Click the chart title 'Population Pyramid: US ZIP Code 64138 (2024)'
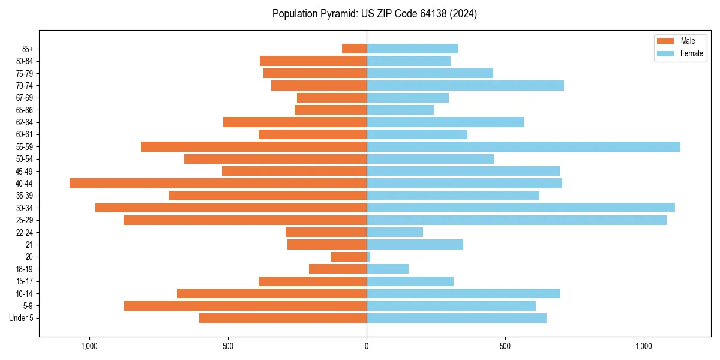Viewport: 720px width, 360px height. pyautogui.click(x=374, y=14)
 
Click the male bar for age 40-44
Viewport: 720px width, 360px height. pyautogui.click(x=218, y=184)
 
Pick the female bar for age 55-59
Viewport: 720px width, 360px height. pyautogui.click(x=523, y=147)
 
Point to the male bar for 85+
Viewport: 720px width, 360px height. pyautogui.click(x=354, y=49)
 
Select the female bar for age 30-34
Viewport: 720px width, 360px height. pyautogui.click(x=520, y=208)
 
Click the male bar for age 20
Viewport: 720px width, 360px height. pyautogui.click(x=349, y=257)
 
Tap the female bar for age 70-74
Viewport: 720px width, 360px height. pyautogui.click(x=465, y=86)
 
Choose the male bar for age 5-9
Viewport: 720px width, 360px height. pyautogui.click(x=245, y=306)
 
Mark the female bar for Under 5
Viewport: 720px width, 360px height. pyautogui.click(x=457, y=318)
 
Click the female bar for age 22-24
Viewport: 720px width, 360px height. pyautogui.click(x=395, y=232)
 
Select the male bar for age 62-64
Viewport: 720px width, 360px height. pyautogui.click(x=295, y=122)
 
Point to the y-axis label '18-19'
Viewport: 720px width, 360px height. pyautogui.click(x=25, y=269)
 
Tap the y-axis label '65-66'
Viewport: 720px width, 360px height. pyautogui.click(x=25, y=110)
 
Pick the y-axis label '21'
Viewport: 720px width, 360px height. pyautogui.click(x=29, y=245)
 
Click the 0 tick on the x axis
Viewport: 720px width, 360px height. pyautogui.click(x=367, y=346)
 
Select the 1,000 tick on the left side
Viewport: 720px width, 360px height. pyautogui.click(x=89, y=346)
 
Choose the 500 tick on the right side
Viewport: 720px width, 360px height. pyautogui.click(x=505, y=346)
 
